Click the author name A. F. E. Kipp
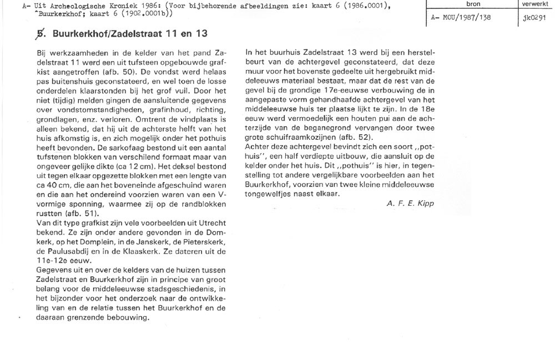point(410,203)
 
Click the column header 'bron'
point(473,4)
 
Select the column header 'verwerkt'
point(534,4)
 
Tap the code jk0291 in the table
point(534,17)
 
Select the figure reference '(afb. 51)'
point(86,214)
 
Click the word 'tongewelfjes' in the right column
point(269,193)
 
